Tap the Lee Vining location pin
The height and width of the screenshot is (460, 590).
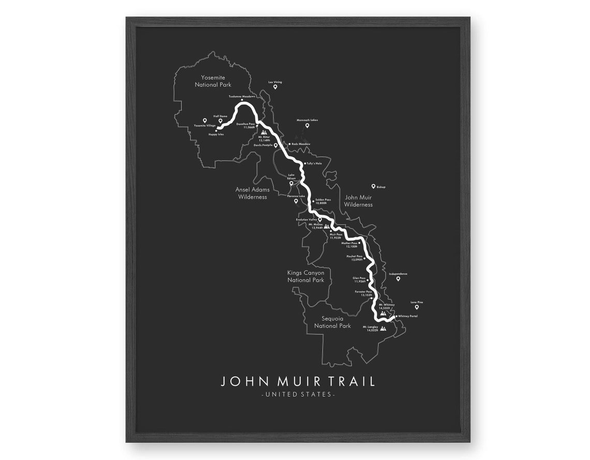[x=275, y=87]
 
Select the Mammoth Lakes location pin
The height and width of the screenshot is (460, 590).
[x=307, y=125]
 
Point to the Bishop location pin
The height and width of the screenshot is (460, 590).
[x=373, y=186]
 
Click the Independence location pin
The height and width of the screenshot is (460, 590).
[x=398, y=279]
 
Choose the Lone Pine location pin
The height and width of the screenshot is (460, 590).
[x=417, y=307]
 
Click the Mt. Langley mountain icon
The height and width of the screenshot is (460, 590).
[x=383, y=328]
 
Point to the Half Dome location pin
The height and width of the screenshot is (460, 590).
[x=220, y=121]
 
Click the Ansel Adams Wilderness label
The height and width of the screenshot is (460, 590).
[x=253, y=193]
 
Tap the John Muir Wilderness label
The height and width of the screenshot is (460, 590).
[x=358, y=201]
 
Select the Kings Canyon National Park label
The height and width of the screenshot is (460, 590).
[x=306, y=276]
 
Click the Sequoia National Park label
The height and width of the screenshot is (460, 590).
[x=332, y=322]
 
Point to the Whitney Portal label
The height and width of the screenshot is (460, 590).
[x=408, y=316]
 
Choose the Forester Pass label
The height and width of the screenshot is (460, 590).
[x=363, y=292]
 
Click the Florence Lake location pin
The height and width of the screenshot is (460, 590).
[x=296, y=201]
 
